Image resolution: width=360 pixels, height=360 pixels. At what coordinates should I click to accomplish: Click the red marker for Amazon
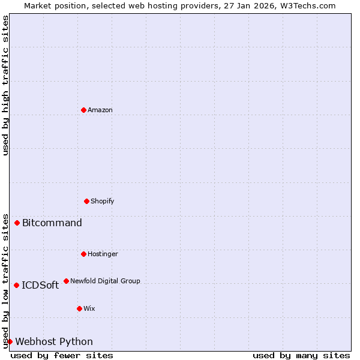[83, 110]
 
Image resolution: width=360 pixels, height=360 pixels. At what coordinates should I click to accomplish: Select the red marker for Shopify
[86, 201]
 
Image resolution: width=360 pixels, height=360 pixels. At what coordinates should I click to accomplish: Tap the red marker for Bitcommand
[17, 223]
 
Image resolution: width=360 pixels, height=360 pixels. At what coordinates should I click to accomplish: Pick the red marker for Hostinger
[83, 254]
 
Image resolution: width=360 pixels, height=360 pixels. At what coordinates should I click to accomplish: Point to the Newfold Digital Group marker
[66, 281]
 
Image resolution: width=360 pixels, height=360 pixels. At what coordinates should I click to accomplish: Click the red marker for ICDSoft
[16, 285]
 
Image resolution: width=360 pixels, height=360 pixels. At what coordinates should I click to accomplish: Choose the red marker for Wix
[79, 308]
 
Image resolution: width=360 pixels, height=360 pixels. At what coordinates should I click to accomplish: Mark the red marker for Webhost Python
[10, 341]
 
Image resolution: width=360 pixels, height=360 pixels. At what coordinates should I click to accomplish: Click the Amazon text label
[100, 110]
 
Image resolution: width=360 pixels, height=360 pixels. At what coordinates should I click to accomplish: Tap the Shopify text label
[103, 201]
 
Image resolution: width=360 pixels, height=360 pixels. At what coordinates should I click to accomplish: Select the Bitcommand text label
[52, 223]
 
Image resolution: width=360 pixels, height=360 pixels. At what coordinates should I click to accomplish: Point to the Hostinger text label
[103, 254]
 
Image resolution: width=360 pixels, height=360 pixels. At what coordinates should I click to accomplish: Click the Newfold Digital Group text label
[106, 281]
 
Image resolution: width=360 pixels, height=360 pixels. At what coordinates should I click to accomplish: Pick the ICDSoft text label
[40, 286]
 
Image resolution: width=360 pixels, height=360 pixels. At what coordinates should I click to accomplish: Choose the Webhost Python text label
[54, 342]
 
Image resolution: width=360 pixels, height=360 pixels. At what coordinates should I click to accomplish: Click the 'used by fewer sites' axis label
[62, 355]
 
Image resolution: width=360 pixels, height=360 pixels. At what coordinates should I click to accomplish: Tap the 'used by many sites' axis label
[301, 355]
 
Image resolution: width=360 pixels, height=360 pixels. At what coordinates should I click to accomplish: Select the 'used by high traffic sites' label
[5, 85]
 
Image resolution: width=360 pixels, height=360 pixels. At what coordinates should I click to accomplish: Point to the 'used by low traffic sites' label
[5, 280]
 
